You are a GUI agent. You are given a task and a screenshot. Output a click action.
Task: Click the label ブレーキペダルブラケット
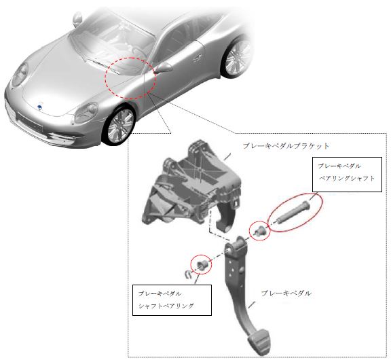point(286,146)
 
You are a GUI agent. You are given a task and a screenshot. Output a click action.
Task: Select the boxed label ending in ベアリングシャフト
point(347,175)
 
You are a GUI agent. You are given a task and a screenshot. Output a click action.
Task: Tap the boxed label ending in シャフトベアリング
point(172,300)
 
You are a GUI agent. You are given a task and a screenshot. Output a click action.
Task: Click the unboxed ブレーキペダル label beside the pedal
point(286,293)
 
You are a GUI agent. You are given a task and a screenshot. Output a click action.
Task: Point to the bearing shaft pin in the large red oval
point(293,211)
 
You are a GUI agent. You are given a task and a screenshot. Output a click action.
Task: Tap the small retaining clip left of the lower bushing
point(189,274)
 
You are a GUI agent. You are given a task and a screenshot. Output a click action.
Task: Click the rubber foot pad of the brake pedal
point(259,338)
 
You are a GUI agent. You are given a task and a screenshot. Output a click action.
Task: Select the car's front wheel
point(119,126)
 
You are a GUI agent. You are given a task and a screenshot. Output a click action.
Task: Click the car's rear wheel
point(236,57)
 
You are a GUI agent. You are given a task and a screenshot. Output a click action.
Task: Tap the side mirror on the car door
point(163,67)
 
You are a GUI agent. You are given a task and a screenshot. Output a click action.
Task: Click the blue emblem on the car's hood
point(39,107)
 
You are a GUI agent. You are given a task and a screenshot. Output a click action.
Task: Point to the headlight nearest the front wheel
point(86,113)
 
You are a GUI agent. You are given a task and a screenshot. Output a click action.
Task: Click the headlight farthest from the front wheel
point(20,75)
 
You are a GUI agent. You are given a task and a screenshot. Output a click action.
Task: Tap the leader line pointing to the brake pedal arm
point(252,304)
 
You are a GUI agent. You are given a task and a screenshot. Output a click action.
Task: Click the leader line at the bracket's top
point(227,157)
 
